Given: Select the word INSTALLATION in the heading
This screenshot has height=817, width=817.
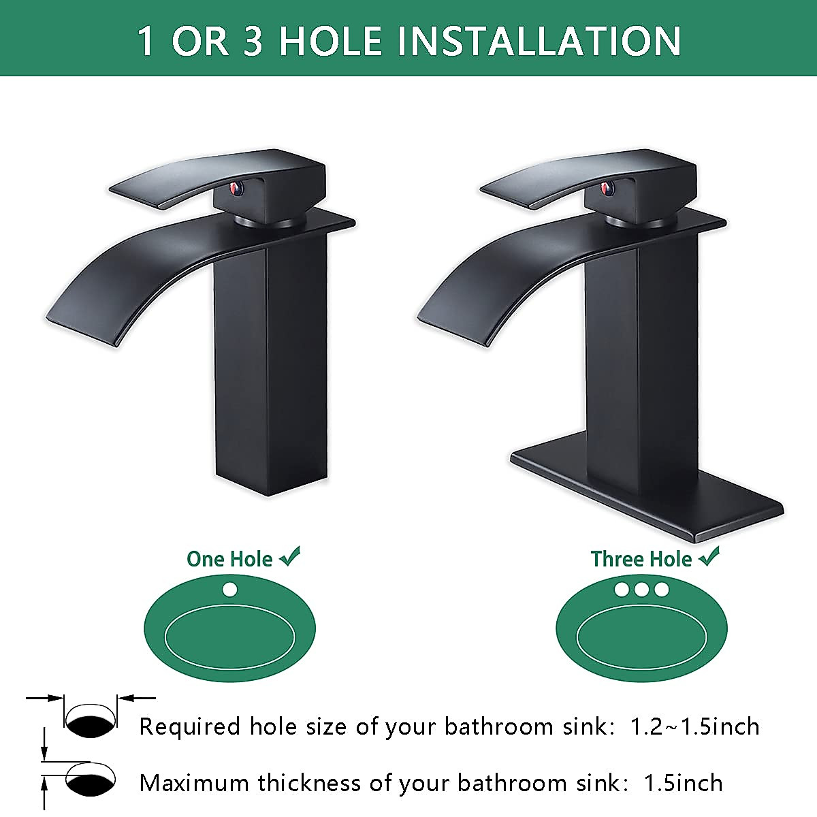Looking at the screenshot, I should point(539,40).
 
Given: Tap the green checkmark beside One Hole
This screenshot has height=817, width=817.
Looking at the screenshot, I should point(289,558).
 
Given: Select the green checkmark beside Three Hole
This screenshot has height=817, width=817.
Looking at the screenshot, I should point(709,558).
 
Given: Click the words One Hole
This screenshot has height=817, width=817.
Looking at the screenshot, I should point(229,559).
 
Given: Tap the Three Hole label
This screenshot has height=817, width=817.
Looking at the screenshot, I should point(641,559).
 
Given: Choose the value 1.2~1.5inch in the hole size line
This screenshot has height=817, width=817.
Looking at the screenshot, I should point(694,726).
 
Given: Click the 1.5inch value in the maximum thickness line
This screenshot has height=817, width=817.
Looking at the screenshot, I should point(683,783).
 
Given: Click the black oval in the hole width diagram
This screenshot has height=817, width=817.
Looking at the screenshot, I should point(91,724).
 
